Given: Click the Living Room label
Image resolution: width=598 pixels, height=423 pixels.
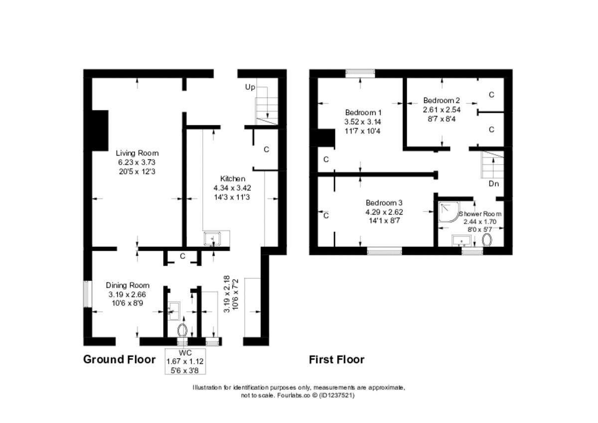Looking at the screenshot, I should (137, 153).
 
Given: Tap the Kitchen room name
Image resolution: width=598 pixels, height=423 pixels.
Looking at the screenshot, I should (232, 179).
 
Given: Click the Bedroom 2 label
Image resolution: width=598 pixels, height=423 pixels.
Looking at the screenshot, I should (442, 100).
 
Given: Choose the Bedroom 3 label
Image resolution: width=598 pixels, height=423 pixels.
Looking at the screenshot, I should (384, 203).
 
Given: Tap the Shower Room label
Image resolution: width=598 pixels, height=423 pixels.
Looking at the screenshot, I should (481, 214).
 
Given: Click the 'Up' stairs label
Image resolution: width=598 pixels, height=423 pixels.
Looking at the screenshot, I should (250, 87).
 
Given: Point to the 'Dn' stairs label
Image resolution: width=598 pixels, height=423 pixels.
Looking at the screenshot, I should (493, 184).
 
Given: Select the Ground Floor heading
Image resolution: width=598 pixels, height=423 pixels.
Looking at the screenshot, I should (119, 359).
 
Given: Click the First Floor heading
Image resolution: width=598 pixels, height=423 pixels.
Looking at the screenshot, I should (336, 359).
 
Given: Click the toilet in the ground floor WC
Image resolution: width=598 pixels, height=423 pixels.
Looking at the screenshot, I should (182, 330).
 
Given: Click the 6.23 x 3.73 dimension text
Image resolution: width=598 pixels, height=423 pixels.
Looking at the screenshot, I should (137, 162).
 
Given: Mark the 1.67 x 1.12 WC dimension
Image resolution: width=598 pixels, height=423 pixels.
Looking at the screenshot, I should (185, 361).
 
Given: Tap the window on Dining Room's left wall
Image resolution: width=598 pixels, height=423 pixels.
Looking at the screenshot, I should (87, 294).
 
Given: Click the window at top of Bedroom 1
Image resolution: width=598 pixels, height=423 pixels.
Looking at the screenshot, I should (360, 73).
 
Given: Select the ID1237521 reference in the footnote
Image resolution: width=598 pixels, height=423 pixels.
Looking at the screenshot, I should (337, 395).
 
